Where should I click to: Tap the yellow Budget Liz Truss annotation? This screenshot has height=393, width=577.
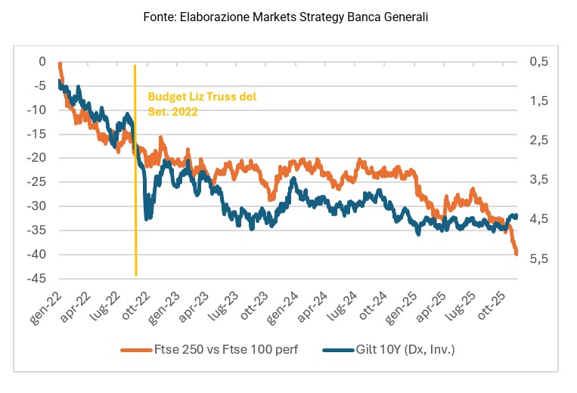(x=202, y=104)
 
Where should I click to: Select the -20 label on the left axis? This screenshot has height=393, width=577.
(x=37, y=158)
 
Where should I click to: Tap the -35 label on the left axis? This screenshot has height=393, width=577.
(x=37, y=230)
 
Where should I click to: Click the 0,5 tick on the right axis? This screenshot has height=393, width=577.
(x=538, y=61)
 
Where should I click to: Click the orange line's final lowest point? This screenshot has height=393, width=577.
(x=517, y=254)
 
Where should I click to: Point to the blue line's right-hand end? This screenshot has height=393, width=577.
(x=517, y=216)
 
